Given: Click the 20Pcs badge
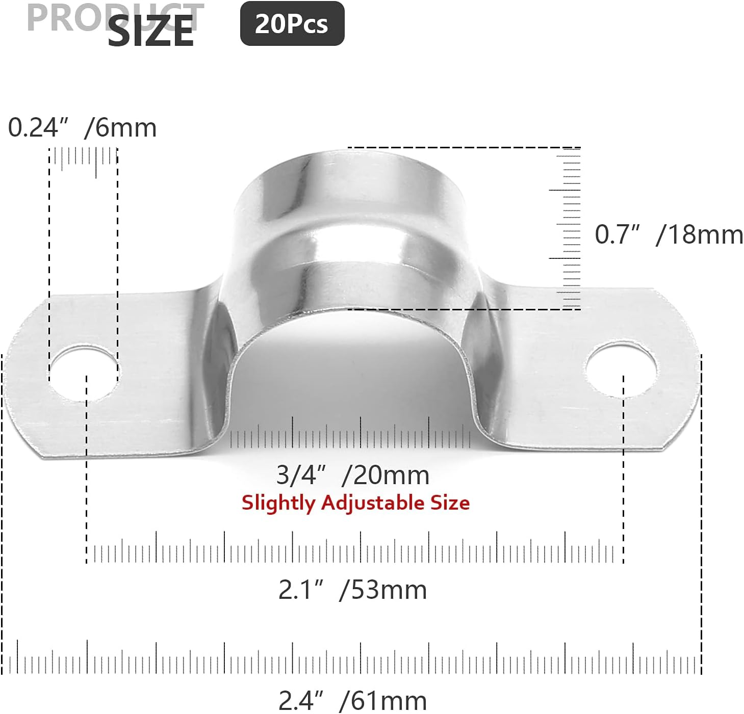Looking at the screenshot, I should point(292,24).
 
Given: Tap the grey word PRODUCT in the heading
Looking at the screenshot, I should point(66,18).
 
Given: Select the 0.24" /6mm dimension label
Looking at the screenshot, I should point(82,127).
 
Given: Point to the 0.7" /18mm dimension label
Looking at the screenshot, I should point(669,235).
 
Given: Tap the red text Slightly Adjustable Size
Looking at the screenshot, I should point(355,503).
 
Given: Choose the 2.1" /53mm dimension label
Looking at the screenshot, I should point(352,590).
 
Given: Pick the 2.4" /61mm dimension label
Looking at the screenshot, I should point(352,701).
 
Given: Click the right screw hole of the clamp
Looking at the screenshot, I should point(621,369).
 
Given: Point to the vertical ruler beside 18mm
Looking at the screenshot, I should point(569,228).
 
